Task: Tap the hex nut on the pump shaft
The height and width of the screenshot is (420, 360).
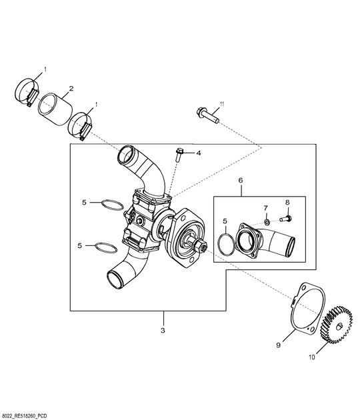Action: [200, 247]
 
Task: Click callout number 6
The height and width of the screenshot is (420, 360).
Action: [241, 180]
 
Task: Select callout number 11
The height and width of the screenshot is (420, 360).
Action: [223, 103]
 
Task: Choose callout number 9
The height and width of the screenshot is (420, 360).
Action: [278, 345]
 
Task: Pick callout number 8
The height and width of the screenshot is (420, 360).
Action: [287, 202]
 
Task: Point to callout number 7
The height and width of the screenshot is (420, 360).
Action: [265, 207]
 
